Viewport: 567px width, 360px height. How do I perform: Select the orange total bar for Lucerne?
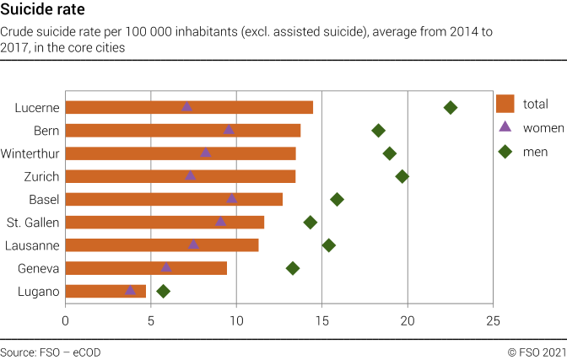189,107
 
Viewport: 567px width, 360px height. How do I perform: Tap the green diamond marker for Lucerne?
451,107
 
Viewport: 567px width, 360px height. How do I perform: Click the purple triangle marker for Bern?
229,130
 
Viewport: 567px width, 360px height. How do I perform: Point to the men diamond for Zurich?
402,176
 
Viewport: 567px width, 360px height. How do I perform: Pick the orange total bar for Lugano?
105,291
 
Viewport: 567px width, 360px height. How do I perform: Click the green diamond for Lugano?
164,291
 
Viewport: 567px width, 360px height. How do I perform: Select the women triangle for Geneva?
166,267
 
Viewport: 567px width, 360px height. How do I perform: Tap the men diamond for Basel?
337,199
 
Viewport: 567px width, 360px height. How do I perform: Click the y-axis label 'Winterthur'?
30,153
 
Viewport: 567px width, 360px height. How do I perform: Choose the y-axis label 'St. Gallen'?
32,223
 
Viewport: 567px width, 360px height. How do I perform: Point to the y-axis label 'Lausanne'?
32,245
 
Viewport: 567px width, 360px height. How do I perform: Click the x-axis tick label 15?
322,320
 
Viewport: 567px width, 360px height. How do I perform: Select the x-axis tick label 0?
66,320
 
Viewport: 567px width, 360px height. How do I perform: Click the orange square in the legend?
505,104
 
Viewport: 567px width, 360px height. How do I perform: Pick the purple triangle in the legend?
505,127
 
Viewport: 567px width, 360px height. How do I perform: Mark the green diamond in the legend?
505,152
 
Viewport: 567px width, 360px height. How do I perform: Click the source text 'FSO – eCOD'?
51,352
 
